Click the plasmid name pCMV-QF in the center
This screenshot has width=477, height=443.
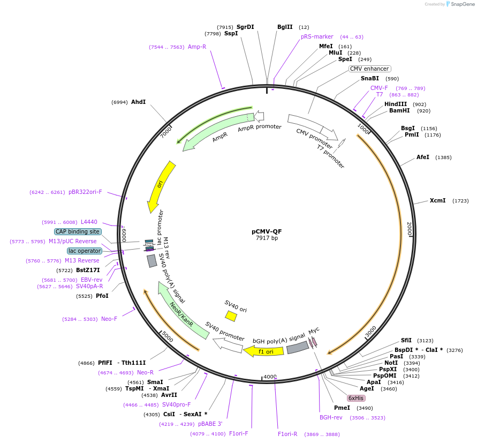tap(267, 231)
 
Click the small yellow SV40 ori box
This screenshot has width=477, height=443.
tap(231, 316)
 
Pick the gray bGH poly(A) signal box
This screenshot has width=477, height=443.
tap(297, 348)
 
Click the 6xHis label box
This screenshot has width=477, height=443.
tap(356, 398)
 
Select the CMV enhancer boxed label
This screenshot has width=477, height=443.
tap(370, 69)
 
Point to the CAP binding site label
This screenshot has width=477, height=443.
tap(78, 231)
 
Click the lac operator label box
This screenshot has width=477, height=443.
tap(85, 251)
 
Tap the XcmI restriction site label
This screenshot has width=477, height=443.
tap(437, 200)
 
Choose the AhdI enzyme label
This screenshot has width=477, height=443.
tap(138, 102)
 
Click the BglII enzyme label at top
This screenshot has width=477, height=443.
tap(285, 27)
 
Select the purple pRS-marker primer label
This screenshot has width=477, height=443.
tap(317, 36)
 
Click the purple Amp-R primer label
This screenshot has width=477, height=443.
tap(197, 47)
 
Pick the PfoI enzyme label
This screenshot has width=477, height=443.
tap(102, 296)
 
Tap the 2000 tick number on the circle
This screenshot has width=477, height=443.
tap(410, 229)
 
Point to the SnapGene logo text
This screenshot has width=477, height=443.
tap(463, 4)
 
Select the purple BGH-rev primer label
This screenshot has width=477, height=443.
tap(331, 417)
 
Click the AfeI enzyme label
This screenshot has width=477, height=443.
tap(423, 157)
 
